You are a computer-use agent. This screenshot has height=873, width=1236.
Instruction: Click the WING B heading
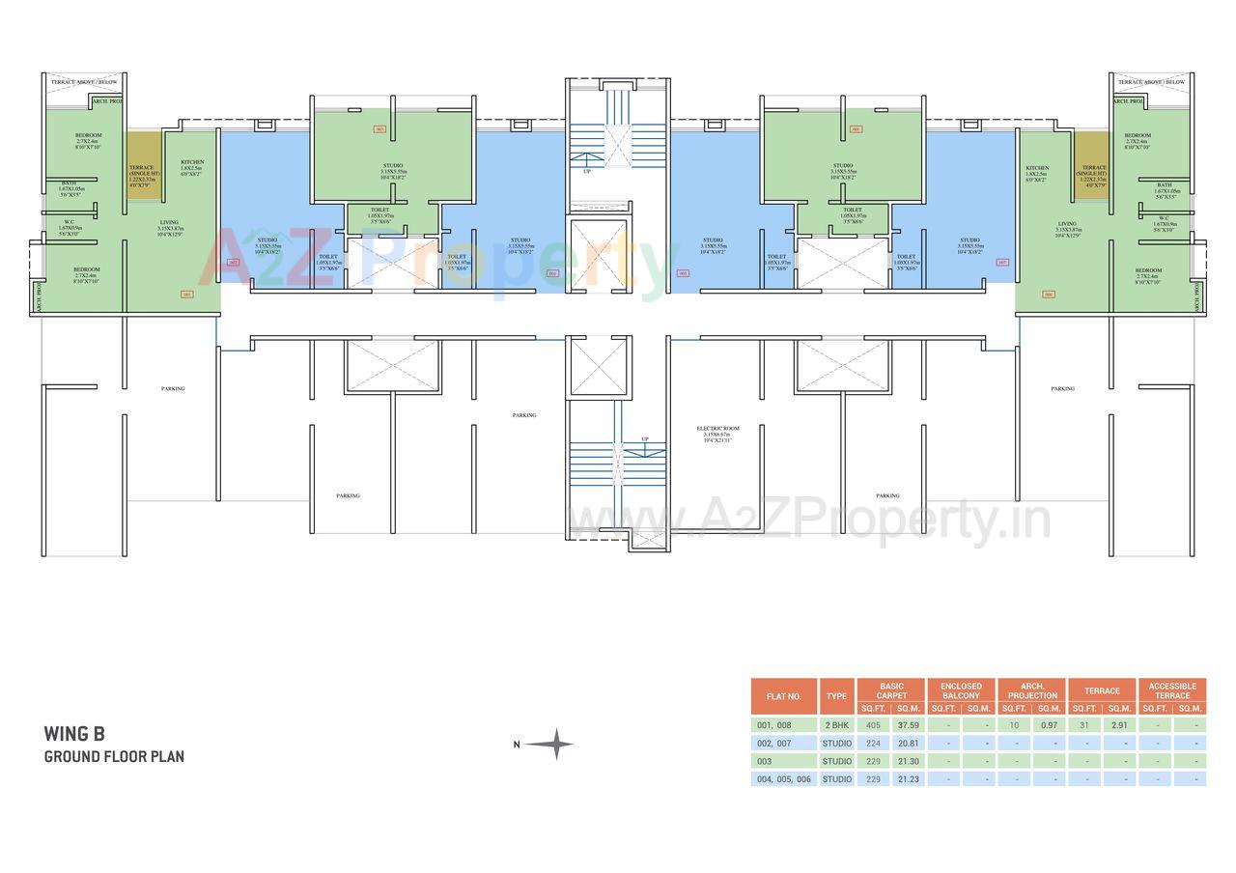[73, 735]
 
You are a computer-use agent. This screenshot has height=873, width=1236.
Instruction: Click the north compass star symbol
[549, 744]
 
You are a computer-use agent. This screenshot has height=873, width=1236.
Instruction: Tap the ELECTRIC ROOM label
[717, 428]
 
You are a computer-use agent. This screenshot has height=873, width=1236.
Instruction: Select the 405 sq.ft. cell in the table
[873, 725]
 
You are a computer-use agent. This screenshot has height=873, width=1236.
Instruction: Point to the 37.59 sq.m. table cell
[909, 725]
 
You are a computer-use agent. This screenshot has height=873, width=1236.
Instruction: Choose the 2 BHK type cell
[836, 725]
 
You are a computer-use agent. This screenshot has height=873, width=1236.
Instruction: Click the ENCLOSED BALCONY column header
[961, 690]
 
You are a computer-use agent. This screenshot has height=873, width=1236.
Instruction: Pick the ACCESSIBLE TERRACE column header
[1172, 690]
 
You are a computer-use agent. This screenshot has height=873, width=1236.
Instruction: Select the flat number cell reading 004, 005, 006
[784, 778]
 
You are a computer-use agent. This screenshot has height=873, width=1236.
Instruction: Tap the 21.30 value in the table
[909, 761]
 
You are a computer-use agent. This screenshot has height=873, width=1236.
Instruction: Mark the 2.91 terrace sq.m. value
[1120, 725]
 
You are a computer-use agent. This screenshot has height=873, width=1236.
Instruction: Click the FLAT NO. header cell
[784, 695]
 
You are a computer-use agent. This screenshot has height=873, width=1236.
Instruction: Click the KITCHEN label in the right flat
[1037, 168]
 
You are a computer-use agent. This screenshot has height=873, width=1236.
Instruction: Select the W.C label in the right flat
[1164, 217]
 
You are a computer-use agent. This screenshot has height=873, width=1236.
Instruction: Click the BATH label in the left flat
[70, 183]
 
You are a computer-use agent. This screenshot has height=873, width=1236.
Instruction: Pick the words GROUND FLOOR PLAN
[114, 756]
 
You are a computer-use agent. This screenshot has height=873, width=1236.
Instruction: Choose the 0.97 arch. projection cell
[1050, 725]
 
